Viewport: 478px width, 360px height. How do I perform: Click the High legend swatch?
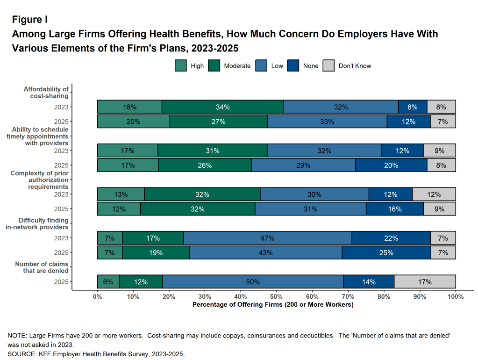[181, 66]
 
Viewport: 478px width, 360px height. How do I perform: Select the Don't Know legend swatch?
[329, 66]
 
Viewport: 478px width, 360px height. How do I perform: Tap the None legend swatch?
[293, 66]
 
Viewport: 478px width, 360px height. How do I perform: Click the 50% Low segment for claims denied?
[253, 282]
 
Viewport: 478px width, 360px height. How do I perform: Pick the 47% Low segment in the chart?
[267, 238]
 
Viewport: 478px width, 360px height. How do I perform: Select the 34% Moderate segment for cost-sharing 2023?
[223, 107]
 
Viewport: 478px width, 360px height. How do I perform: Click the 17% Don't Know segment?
[425, 282]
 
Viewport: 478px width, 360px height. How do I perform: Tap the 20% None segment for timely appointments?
[391, 165]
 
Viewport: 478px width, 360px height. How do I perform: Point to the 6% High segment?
[108, 282]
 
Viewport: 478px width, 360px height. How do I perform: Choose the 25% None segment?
[386, 253]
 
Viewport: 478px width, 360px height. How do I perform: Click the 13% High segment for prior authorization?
[121, 194]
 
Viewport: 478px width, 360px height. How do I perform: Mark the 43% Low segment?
[265, 253]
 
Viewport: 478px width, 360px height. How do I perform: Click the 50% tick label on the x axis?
[276, 296]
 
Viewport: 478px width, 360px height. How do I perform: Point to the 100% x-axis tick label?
[455, 296]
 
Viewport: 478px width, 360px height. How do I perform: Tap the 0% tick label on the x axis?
[97, 296]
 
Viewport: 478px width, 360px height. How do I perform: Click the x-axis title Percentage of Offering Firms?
[273, 305]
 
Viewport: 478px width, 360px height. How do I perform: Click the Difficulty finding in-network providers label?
[43, 223]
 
